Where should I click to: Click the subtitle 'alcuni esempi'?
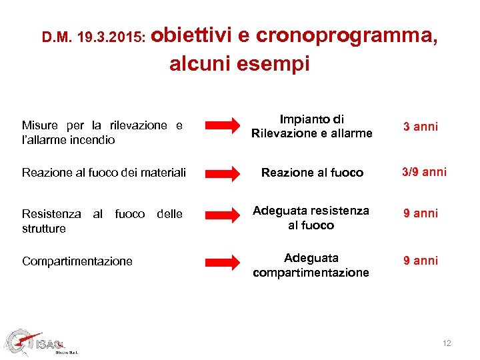(239, 64)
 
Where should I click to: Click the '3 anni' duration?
(420, 127)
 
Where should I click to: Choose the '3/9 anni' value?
(423, 172)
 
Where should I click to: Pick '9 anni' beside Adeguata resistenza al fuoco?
(420, 213)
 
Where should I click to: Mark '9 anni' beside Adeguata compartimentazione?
(420, 261)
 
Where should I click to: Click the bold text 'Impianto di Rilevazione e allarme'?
(311, 127)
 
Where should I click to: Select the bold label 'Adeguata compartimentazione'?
(311, 265)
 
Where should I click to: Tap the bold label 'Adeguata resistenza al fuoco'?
(311, 218)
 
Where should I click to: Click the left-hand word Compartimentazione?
(77, 261)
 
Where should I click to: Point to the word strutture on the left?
(44, 229)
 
